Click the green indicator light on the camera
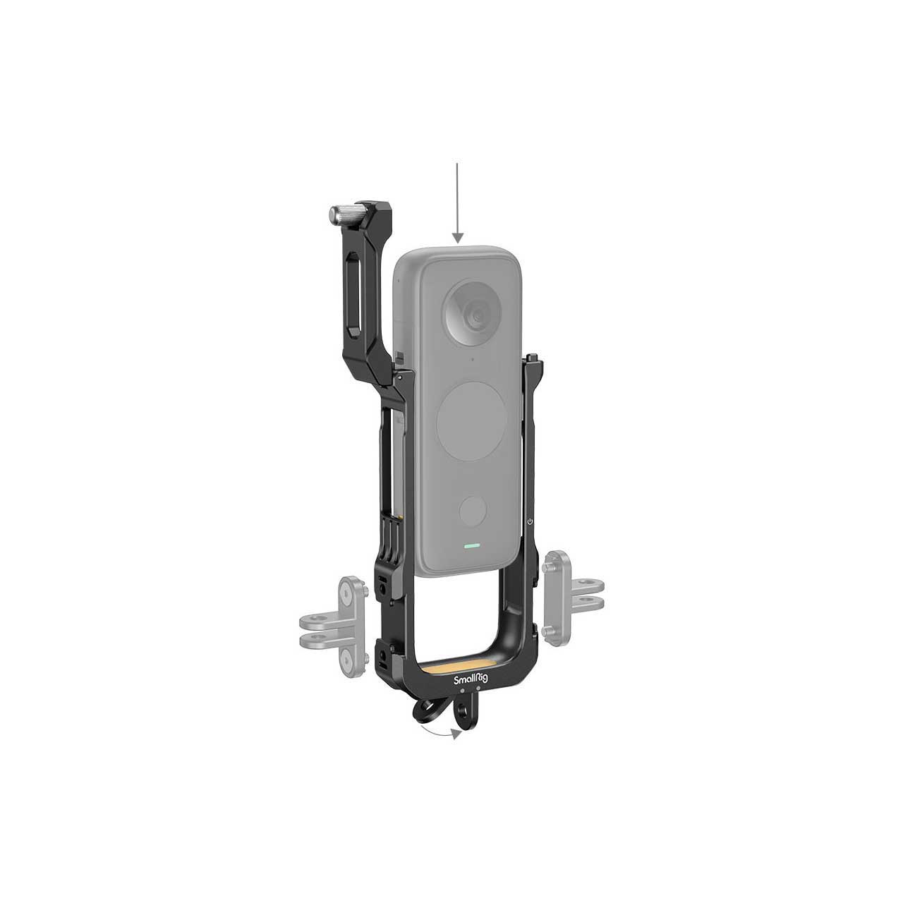pos(473,546)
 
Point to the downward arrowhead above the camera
pos(457,237)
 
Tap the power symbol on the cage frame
pos(530,521)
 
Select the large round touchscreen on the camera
pos(471,420)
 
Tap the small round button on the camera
pos(473,511)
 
